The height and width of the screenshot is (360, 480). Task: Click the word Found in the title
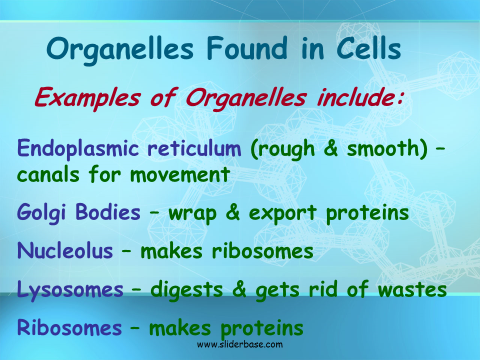pos(247,48)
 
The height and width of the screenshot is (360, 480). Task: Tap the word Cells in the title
pos(369,48)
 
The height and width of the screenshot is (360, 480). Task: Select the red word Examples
pos(87,98)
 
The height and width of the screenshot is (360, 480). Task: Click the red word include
pos(359,97)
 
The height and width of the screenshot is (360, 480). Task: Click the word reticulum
pos(194,148)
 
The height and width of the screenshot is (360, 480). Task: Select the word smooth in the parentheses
pos(383,148)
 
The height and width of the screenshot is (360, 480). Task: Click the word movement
pos(180,175)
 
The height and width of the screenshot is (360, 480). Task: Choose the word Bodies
pos(108,212)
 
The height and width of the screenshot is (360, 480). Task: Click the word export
pos(282,213)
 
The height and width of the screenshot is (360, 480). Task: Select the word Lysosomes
pos(70,289)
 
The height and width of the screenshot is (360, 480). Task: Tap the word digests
pos(186,289)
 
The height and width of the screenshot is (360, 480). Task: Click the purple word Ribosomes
pos(69,327)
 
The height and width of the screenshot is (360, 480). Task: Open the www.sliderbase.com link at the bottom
pos(240,344)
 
